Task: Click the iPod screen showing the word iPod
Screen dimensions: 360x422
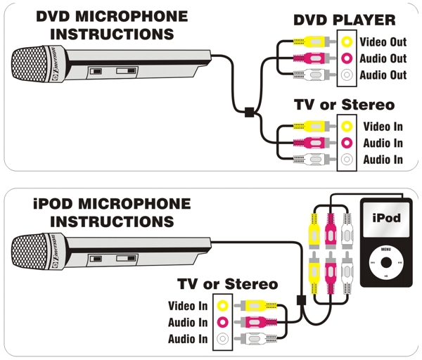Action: coord(386,219)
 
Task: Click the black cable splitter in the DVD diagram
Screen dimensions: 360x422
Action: coord(248,110)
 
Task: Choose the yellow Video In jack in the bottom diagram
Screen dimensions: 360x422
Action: coord(223,306)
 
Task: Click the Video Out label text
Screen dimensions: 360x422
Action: coord(383,42)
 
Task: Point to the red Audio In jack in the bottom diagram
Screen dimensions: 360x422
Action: coord(223,323)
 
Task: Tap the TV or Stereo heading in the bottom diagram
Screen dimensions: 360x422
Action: coord(227,285)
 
